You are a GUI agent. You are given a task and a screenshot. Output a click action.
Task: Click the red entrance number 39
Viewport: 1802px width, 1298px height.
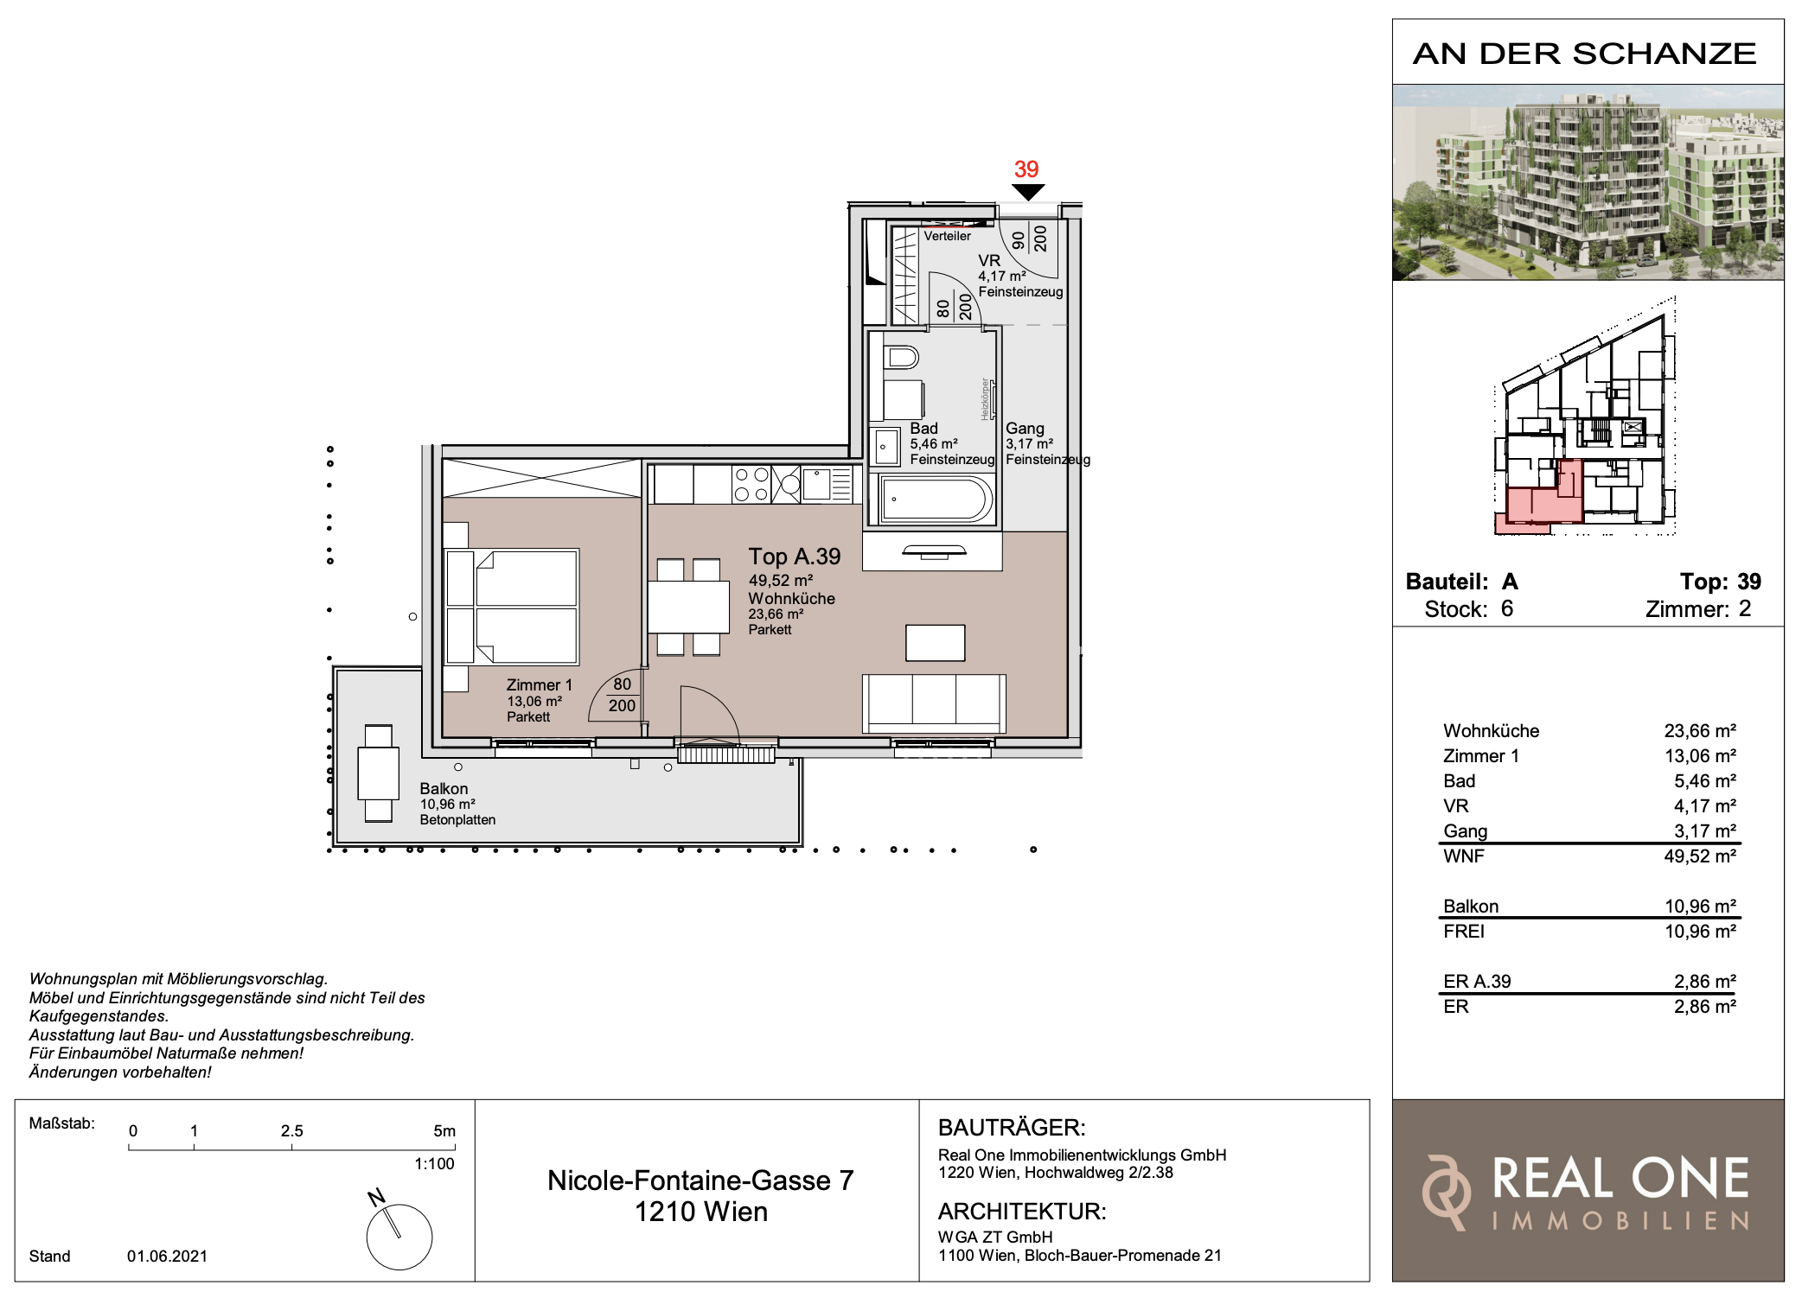click(x=1026, y=169)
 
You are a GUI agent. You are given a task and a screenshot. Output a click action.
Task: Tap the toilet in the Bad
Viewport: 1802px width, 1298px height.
click(x=902, y=356)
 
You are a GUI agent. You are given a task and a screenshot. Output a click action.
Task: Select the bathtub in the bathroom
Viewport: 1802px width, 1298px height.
click(x=936, y=499)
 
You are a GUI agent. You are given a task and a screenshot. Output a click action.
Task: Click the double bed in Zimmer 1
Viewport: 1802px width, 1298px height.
click(x=512, y=607)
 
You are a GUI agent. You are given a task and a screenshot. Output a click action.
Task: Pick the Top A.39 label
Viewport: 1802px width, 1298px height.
click(x=795, y=557)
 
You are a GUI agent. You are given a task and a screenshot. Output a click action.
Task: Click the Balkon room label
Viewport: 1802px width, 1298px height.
click(x=444, y=788)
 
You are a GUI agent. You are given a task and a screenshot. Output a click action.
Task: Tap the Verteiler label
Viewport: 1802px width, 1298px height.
click(x=947, y=236)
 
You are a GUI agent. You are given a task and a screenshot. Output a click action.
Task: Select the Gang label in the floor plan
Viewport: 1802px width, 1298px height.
click(x=1025, y=428)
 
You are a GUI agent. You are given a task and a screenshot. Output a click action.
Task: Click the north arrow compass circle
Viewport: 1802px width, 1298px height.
click(x=399, y=1237)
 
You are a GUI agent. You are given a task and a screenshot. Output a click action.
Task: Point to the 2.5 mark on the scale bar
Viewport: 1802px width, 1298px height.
click(x=291, y=1130)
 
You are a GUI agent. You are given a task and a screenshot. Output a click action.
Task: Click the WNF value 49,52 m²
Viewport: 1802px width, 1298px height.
click(x=1700, y=856)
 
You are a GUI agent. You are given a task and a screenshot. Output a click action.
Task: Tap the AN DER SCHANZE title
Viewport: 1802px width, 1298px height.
click(x=1585, y=54)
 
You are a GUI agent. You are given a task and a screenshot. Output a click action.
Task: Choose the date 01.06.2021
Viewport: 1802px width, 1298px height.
click(x=167, y=1256)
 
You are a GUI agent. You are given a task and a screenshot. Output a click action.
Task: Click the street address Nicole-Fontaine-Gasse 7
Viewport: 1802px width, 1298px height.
click(x=700, y=1180)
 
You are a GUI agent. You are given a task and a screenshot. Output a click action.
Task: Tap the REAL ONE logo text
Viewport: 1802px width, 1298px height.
click(x=1620, y=1179)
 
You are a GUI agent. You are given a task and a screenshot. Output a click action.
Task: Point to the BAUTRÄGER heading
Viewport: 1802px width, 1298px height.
click(x=1012, y=1127)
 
